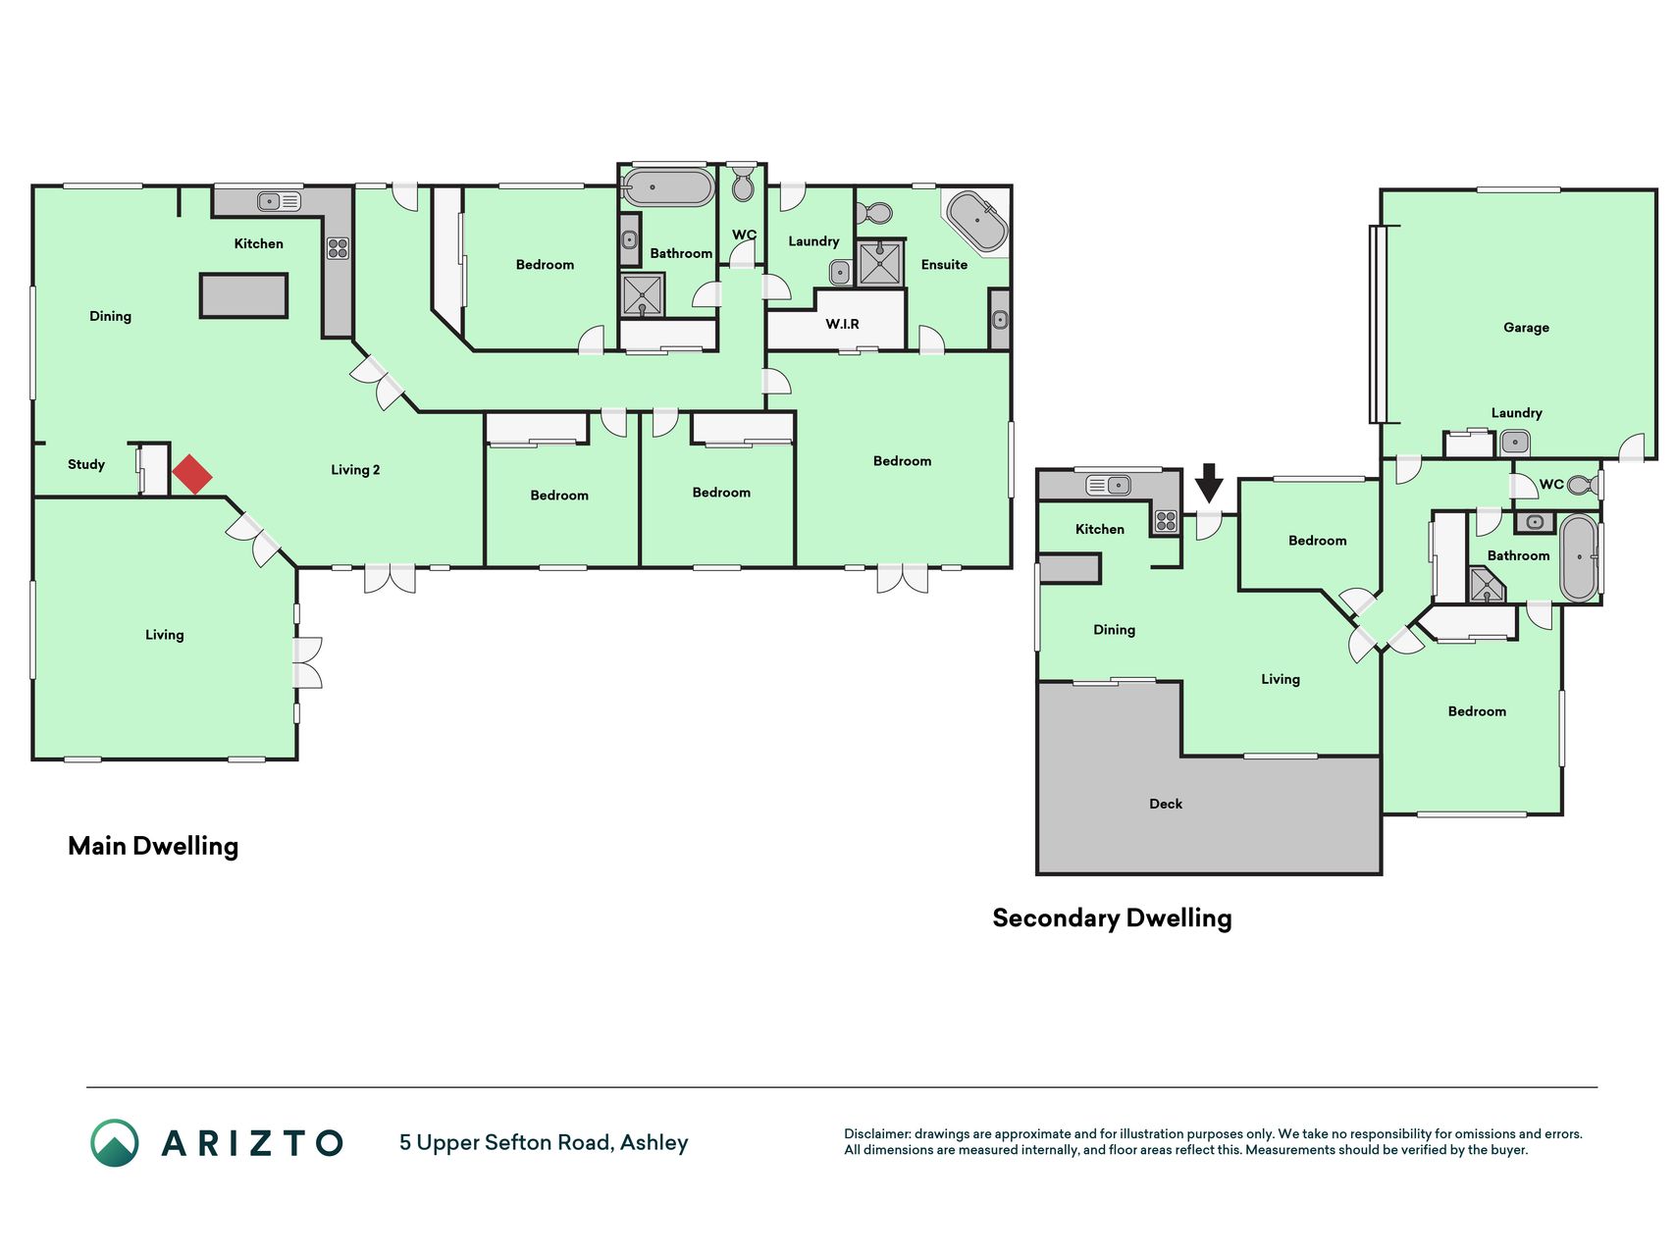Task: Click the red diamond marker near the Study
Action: coord(192,474)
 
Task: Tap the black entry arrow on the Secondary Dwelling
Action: coord(1209,483)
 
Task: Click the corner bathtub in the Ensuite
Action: coord(976,222)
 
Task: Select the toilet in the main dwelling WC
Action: coord(743,183)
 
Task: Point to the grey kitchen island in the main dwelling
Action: coord(244,295)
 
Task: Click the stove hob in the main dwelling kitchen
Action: coord(338,247)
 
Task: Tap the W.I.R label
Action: coord(842,324)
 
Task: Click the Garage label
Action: coord(1526,328)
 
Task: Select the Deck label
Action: coord(1166,804)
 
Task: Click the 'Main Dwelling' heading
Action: coord(153,846)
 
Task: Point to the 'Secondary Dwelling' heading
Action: coord(1112,918)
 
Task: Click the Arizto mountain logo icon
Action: coord(115,1143)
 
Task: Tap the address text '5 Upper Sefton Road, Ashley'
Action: coord(544,1143)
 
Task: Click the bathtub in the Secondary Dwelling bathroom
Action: coord(1579,556)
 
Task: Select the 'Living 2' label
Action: coord(355,470)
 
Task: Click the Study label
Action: coord(86,464)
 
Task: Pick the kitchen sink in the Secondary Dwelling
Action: coord(1108,485)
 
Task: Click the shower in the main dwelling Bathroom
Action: coord(643,295)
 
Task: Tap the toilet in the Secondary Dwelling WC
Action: coord(1582,485)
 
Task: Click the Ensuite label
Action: coord(944,265)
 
